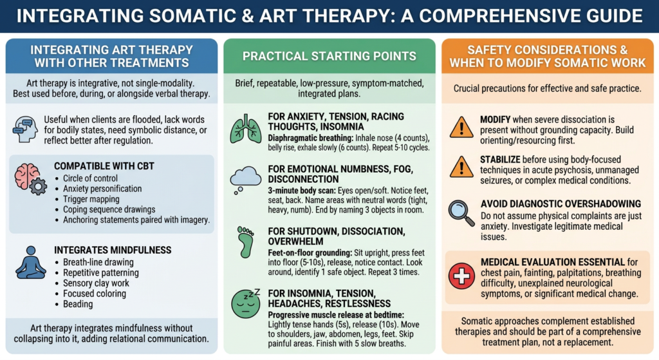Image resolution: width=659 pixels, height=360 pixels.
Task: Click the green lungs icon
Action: (x=246, y=129)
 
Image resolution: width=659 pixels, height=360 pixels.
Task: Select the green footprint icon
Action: (x=246, y=242)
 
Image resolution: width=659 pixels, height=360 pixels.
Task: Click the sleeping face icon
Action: (x=246, y=303)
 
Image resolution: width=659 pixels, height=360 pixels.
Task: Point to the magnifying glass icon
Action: (x=461, y=213)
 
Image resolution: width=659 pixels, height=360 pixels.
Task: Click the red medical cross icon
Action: (x=461, y=276)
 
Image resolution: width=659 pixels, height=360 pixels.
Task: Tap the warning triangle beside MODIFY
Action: (x=461, y=128)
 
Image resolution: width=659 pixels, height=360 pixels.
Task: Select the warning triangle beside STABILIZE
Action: (x=461, y=167)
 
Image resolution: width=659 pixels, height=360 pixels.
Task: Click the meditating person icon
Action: (x=31, y=263)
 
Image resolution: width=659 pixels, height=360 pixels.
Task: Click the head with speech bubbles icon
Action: (x=25, y=129)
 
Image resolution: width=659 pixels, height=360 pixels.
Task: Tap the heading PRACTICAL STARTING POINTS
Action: (x=329, y=57)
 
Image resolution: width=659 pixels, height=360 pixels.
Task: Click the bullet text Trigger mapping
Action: (x=91, y=199)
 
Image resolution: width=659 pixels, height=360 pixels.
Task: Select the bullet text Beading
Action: (x=78, y=304)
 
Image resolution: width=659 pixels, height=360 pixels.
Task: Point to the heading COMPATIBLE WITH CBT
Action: (x=104, y=166)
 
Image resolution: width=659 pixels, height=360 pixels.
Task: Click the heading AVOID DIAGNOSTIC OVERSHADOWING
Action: (x=561, y=204)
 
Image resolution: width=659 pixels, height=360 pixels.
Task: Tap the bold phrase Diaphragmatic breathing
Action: (x=311, y=138)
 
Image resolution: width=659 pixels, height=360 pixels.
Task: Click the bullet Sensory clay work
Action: (x=96, y=283)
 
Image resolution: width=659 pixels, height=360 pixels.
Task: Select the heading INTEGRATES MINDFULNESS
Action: (x=113, y=251)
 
